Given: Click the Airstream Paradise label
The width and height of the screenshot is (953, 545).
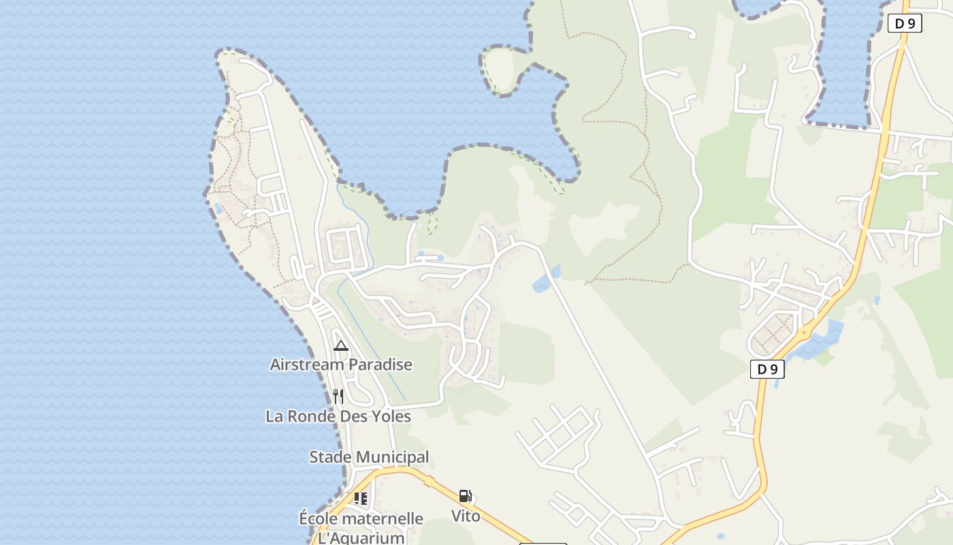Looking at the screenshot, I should click(x=341, y=364).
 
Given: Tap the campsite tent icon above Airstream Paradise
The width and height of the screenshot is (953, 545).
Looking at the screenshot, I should click(x=341, y=346).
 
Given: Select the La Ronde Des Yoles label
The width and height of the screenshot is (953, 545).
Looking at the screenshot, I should click(x=338, y=416).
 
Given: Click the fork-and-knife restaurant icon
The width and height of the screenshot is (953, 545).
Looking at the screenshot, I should click(x=338, y=396).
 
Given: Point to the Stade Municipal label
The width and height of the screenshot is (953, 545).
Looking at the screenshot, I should click(x=369, y=457).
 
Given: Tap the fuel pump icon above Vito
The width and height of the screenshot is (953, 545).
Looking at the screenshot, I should click(x=466, y=496).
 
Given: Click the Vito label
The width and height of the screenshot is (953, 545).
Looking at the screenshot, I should click(x=466, y=516).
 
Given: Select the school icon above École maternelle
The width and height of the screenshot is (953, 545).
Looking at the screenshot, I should click(x=361, y=499).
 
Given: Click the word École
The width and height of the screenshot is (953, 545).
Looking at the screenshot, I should click(x=318, y=519).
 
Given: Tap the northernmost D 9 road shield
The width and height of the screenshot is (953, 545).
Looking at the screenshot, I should click(x=905, y=23).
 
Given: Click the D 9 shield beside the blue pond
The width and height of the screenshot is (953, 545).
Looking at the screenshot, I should click(x=767, y=369).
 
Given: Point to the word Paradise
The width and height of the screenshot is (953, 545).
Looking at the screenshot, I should click(x=380, y=364).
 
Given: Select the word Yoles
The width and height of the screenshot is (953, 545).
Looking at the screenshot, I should click(x=389, y=416).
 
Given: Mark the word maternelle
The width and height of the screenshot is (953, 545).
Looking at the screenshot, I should click(x=382, y=519).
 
